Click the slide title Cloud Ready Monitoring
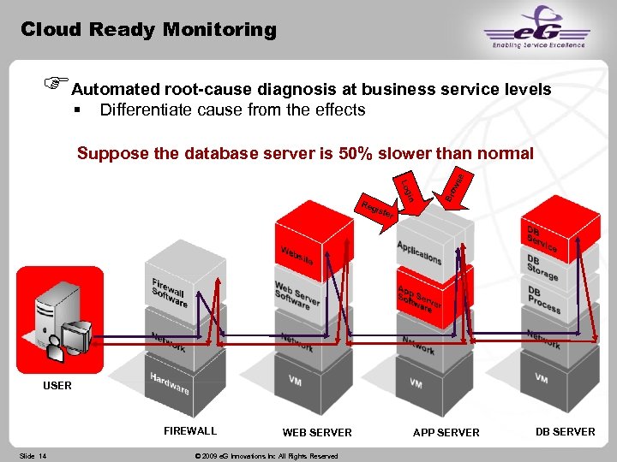click(x=148, y=30)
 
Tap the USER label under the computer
click(x=57, y=386)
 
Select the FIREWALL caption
click(x=190, y=431)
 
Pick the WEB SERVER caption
click(x=317, y=433)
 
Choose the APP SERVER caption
click(x=446, y=433)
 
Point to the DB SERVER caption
click(x=565, y=432)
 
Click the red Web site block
click(x=296, y=254)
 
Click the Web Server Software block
click(x=297, y=296)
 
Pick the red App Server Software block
click(x=420, y=299)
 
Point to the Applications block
click(x=419, y=252)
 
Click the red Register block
click(x=376, y=210)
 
